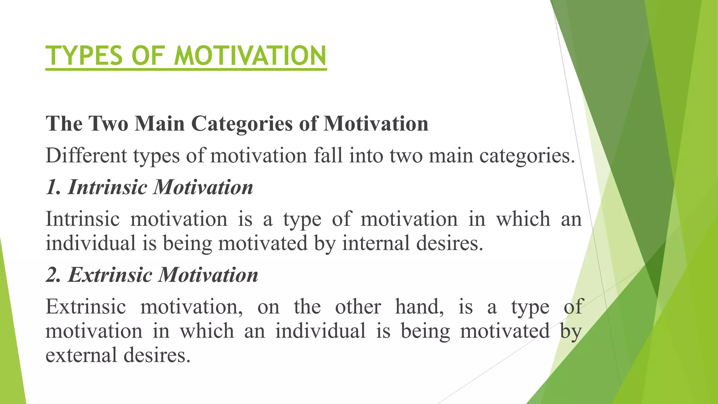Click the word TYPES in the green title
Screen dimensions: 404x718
tap(85, 56)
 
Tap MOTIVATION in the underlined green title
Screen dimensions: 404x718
tap(250, 56)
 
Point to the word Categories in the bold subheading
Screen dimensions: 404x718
tap(242, 124)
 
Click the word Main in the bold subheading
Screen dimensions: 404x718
tap(160, 124)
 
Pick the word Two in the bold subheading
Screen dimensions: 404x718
tap(108, 124)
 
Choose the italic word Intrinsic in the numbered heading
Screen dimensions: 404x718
tap(107, 187)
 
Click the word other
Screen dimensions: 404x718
tap(358, 307)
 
